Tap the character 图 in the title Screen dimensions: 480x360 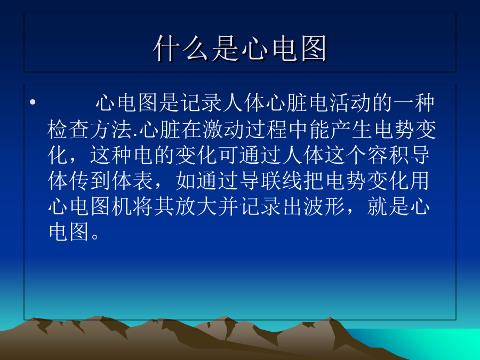click(x=314, y=48)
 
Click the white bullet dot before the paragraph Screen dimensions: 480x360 click(x=33, y=102)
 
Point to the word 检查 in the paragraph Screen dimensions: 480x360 click(x=69, y=130)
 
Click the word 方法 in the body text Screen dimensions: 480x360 click(x=111, y=130)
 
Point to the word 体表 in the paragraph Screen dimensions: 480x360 click(x=133, y=181)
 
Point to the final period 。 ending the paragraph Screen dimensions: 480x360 click(x=95, y=236)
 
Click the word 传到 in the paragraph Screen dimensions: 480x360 click(x=90, y=181)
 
